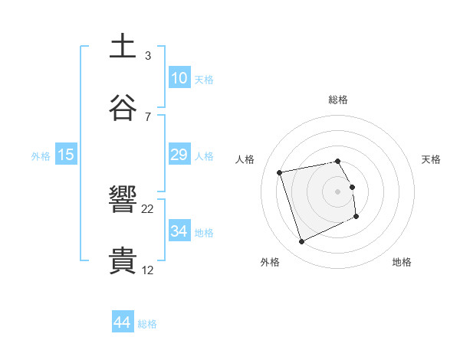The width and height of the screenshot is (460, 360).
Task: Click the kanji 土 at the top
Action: point(123,46)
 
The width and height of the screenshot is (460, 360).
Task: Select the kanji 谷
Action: point(123,107)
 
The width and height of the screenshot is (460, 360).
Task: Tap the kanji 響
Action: point(123,201)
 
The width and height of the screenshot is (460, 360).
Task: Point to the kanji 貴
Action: point(123,261)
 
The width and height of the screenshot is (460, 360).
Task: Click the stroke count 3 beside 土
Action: point(148,55)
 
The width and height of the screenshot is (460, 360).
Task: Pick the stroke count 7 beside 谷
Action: point(148,116)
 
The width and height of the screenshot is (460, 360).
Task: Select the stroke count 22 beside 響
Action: point(148,209)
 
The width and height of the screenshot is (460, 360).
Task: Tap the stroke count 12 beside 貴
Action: point(148,270)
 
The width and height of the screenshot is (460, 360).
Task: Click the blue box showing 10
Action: point(179,78)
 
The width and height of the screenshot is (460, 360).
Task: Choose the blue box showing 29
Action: point(179,155)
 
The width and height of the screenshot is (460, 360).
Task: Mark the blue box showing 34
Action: point(179,231)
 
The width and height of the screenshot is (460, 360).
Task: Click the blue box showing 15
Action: point(66,155)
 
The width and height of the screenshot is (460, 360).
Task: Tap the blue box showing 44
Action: point(123,323)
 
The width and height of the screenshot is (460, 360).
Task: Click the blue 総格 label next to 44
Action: point(147,324)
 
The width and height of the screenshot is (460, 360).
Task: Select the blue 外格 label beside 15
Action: point(41,155)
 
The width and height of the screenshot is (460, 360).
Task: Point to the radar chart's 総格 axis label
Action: point(338,100)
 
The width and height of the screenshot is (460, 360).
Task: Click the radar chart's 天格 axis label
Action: point(431,159)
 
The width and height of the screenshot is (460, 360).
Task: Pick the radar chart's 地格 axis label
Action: point(402,262)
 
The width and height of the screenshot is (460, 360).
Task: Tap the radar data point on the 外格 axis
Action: point(301,242)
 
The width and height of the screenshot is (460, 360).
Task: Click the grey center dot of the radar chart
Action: point(338,191)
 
